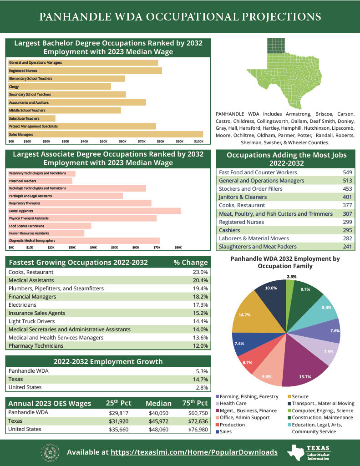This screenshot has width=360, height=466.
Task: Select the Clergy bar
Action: pos(60,86)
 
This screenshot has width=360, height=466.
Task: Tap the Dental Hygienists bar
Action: pos(95,211)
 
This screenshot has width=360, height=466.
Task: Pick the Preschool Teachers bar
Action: pos(41,181)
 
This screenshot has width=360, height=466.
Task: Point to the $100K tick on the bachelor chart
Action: pos(199,142)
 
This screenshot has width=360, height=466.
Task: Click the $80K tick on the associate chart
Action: pos(178,248)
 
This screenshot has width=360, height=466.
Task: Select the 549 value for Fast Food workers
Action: pos(347,172)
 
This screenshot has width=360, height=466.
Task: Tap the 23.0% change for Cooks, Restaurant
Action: pos(200,272)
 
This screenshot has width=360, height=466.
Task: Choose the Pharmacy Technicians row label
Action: pos(36,346)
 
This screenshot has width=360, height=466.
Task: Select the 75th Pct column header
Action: pos(195,403)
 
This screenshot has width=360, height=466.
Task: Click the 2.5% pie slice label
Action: pos(291,276)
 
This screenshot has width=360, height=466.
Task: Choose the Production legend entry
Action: pos(233,425)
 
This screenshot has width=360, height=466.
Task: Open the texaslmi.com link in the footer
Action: pos(194,452)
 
